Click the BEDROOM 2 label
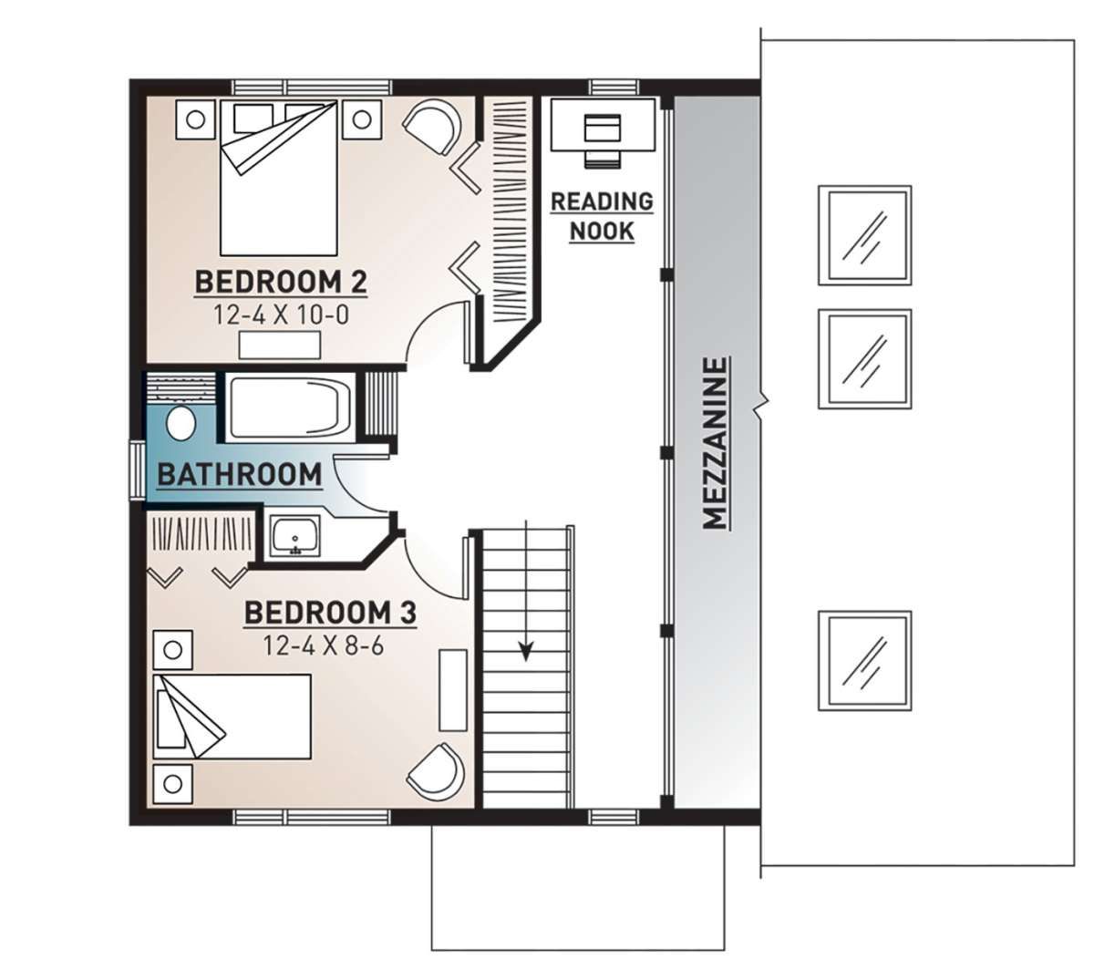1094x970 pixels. pos(281,282)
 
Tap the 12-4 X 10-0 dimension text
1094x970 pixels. pos(281,315)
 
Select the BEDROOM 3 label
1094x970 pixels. pos(330,613)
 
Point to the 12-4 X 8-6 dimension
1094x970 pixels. pos(324,645)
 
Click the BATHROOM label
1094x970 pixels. pos(239,475)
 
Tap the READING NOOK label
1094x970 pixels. pos(602,216)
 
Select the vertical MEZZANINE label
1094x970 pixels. pos(715,443)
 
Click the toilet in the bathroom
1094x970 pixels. pos(181,424)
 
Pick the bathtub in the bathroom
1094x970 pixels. pos(289,408)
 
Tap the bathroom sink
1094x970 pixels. pos(294,535)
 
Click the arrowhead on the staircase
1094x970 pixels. pos(525,652)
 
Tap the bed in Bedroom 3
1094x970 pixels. pos(232,717)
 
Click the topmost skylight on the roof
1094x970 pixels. pos(864,235)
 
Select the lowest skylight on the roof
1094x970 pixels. pos(864,661)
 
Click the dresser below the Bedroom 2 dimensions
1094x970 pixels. pos(280,345)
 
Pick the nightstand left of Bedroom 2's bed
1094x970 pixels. pos(196,119)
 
